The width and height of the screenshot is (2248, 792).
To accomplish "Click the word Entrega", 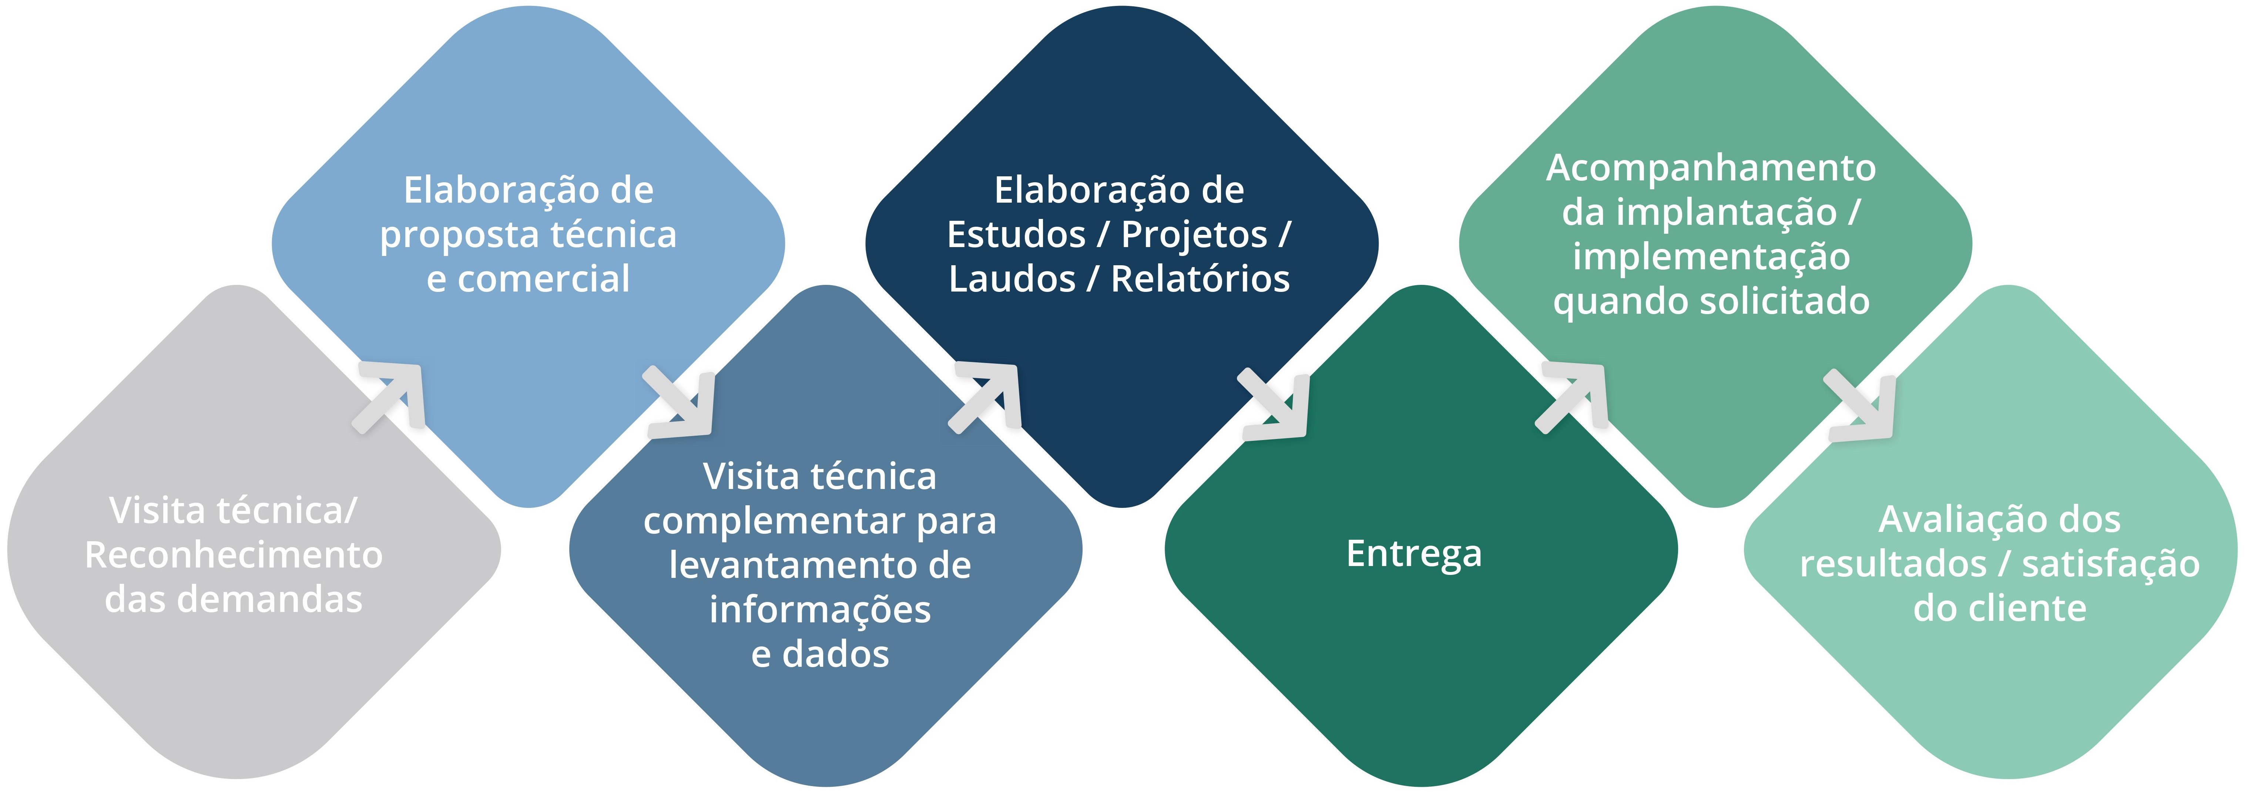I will click(x=1414, y=553).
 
